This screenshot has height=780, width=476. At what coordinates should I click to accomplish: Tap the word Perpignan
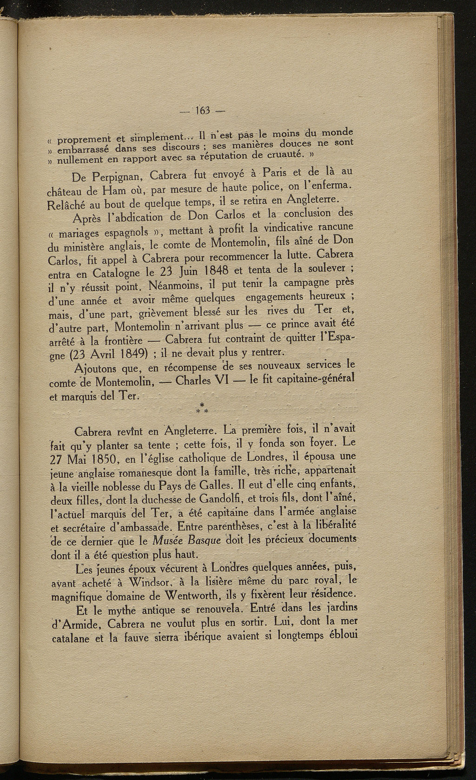coord(111,178)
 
